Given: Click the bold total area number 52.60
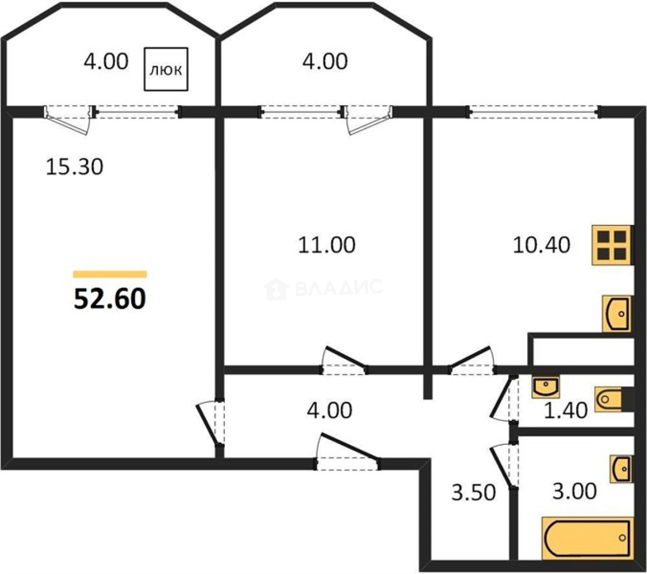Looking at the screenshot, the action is pyautogui.click(x=110, y=299).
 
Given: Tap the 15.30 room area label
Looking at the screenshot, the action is pyautogui.click(x=74, y=167).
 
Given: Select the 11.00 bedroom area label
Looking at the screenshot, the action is pyautogui.click(x=326, y=245).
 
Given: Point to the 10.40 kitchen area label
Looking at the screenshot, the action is pyautogui.click(x=541, y=245).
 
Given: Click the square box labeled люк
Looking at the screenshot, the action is pyautogui.click(x=166, y=69).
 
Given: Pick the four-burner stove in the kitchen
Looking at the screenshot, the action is pyautogui.click(x=611, y=245).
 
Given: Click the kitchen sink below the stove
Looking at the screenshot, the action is pyautogui.click(x=617, y=314).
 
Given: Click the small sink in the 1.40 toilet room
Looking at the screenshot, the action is pyautogui.click(x=545, y=387).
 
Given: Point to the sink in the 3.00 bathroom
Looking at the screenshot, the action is pyautogui.click(x=621, y=469).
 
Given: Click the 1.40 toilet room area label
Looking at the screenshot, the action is pyautogui.click(x=566, y=410).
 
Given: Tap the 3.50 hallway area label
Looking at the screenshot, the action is pyautogui.click(x=474, y=492).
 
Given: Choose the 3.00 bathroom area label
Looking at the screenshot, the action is pyautogui.click(x=575, y=491).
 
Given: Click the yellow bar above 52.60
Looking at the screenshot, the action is pyautogui.click(x=110, y=274).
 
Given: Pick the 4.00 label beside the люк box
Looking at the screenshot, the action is pyautogui.click(x=106, y=61).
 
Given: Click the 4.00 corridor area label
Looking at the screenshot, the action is pyautogui.click(x=330, y=410).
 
